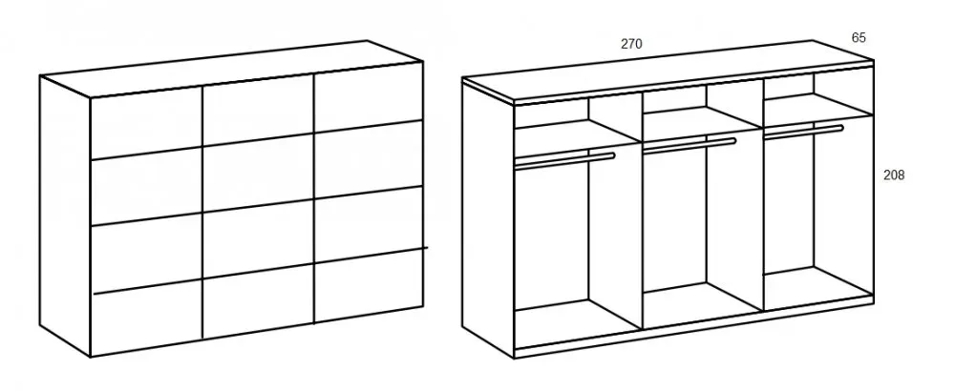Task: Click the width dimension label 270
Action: point(631,44)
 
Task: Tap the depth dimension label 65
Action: point(859,38)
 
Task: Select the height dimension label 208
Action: point(894,175)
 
